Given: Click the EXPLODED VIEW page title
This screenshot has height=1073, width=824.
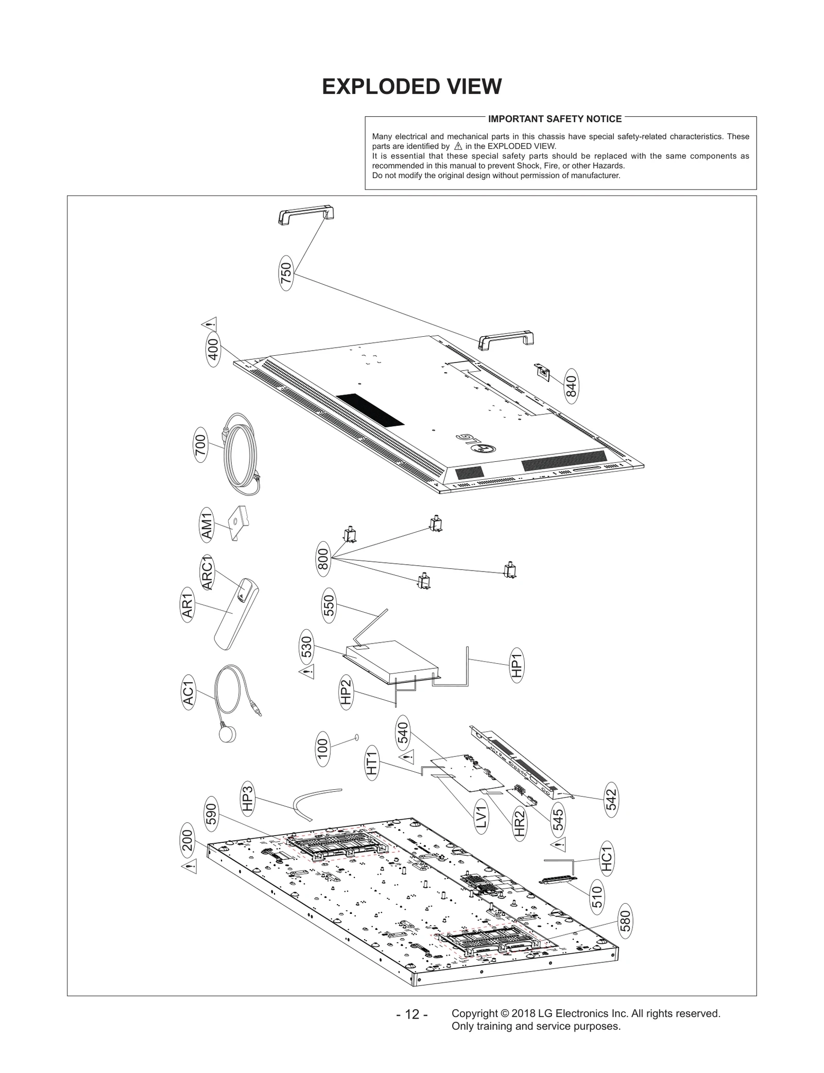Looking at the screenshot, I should (x=411, y=86).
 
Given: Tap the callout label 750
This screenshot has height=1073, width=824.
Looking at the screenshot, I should (x=286, y=273).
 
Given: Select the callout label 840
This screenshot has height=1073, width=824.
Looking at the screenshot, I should (x=571, y=386).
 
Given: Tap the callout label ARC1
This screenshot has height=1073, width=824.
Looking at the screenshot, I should (x=207, y=573).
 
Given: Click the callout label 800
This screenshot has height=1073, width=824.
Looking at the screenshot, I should (x=323, y=559).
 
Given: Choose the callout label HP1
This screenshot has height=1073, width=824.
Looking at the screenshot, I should (x=517, y=665).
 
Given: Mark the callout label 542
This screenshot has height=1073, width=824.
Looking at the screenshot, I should (x=611, y=799).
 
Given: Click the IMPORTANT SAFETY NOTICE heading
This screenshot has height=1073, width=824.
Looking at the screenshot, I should (x=555, y=119).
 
